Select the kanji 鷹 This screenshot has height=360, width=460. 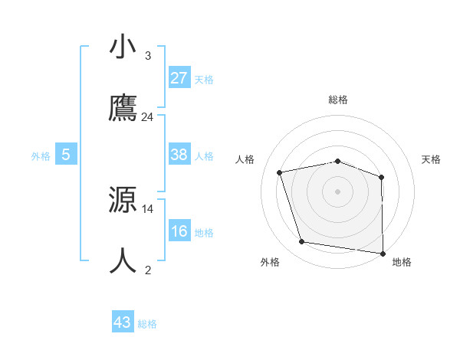[x=123, y=109]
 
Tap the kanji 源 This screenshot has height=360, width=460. [x=123, y=200]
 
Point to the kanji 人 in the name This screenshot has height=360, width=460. [x=123, y=261]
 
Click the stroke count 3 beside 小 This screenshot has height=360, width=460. [x=148, y=56]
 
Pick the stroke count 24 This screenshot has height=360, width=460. [x=148, y=117]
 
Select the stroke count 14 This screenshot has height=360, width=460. [x=148, y=208]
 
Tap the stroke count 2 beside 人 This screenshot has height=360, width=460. [x=148, y=270]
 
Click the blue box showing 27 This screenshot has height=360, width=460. [x=179, y=78]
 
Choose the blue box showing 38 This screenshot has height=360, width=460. [x=179, y=155]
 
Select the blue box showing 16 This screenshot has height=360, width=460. [x=179, y=231]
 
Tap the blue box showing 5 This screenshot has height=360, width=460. [x=66, y=155]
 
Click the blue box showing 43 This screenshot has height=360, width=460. [x=123, y=322]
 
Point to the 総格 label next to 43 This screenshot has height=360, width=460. [x=147, y=324]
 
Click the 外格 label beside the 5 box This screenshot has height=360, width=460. [x=41, y=156]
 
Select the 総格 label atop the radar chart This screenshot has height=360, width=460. [x=338, y=100]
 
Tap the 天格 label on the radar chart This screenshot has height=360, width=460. [x=432, y=159]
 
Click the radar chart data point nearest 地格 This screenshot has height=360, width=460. [x=383, y=253]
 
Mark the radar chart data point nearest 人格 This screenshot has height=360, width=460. [x=280, y=172]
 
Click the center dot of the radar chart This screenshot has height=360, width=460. [x=338, y=191]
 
